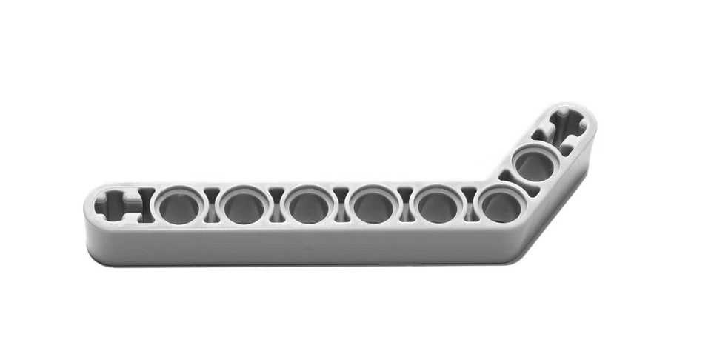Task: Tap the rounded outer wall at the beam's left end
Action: [88, 222]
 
